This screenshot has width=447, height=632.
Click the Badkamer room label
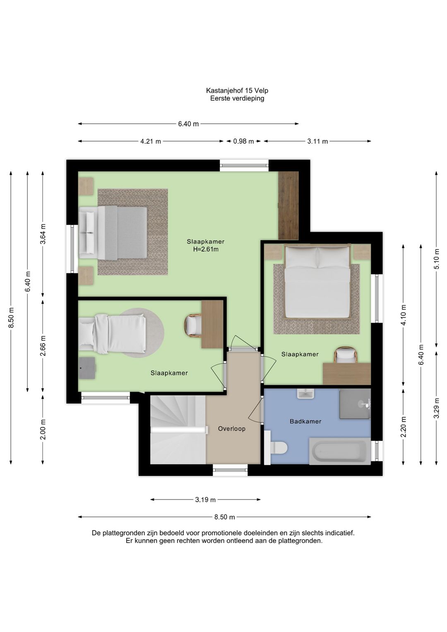[x=305, y=421]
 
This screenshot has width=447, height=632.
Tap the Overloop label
[x=232, y=429]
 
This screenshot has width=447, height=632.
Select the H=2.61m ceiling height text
[x=206, y=249]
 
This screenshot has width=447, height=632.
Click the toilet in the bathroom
[x=279, y=447]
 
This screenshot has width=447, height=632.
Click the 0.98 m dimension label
[x=243, y=141]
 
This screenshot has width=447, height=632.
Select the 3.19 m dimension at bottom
[x=205, y=499]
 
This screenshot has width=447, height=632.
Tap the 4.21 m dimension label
[x=151, y=141]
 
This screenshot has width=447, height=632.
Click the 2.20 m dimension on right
[x=404, y=427]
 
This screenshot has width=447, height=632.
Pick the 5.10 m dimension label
[x=436, y=259]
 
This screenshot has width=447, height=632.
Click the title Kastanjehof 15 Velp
[x=237, y=90]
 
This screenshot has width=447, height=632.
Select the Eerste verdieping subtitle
[x=237, y=98]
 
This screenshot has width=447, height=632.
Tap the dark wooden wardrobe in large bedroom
[x=288, y=205]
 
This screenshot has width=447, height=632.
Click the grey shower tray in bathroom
[x=354, y=404]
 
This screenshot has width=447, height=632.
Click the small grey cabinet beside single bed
[x=87, y=368]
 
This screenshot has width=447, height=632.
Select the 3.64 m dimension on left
[x=43, y=234]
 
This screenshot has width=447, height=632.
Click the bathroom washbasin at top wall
[x=305, y=394]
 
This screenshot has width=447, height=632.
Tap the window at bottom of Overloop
[x=230, y=470]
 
